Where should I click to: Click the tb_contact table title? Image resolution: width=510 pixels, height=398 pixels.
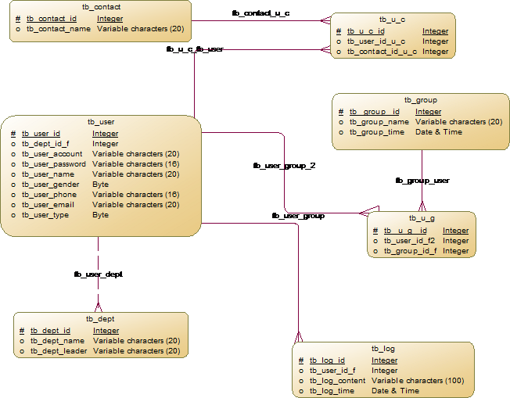(100, 7)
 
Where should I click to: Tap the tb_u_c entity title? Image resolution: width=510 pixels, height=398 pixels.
(393, 20)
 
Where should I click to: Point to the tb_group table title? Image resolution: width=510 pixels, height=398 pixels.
(420, 100)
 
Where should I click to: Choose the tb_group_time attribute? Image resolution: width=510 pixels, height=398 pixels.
(377, 132)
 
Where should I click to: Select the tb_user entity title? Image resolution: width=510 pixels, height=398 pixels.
(101, 122)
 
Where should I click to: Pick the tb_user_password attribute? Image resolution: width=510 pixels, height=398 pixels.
(54, 164)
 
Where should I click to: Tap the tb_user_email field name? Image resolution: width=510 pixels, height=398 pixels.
(48, 205)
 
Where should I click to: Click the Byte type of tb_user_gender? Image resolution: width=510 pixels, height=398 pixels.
(101, 185)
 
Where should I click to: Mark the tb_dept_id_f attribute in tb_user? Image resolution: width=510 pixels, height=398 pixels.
(45, 144)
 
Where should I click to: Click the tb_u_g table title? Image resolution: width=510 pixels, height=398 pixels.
(421, 218)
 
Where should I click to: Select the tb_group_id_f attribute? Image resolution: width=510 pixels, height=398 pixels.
(411, 251)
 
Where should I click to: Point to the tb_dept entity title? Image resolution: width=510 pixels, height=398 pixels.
(101, 319)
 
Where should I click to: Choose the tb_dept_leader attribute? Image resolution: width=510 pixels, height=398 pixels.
(59, 351)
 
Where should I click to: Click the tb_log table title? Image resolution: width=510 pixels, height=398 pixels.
(383, 348)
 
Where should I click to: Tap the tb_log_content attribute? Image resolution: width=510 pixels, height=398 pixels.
(337, 381)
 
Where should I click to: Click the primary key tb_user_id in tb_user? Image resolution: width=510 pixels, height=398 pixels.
(41, 134)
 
